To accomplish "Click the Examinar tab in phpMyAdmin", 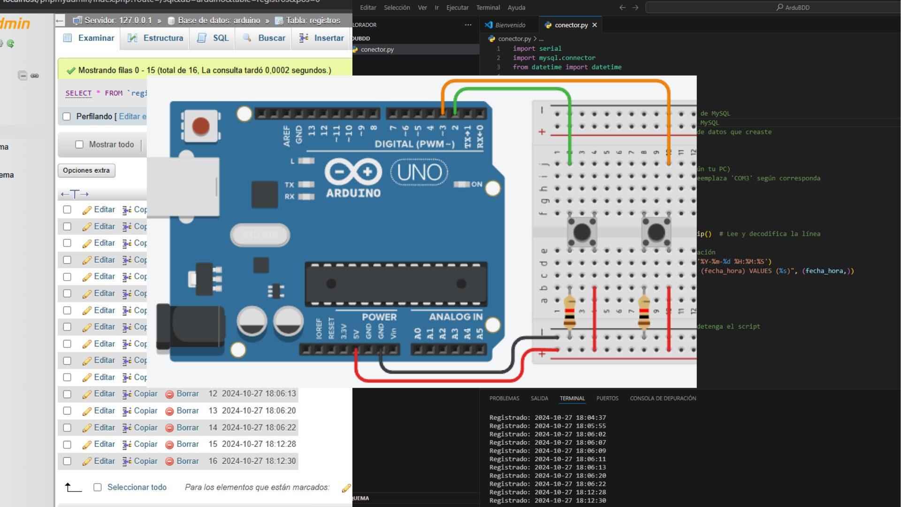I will pos(89,38).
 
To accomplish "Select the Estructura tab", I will pos(156,38).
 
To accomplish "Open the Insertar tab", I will pos(322,38).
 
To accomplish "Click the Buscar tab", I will pos(265,38).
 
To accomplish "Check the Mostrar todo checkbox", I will pos(79,145).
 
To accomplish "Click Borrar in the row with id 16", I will pos(182,461).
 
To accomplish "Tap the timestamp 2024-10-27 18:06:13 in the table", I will pos(259,393).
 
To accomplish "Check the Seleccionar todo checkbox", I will pos(98,487).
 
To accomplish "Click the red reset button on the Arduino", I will pos(201,126).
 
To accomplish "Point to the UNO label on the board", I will pos(419,172).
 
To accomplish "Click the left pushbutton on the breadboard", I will pos(582,231).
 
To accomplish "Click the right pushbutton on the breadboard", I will pos(656,231).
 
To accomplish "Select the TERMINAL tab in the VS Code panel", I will pos(572,398).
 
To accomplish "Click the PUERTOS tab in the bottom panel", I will pos(607,398).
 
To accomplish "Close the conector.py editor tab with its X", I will pos(595,25).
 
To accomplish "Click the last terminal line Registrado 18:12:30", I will pos(547,500).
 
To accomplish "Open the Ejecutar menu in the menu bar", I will pos(457,8).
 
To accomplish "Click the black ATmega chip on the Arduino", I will pos(396,284).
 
